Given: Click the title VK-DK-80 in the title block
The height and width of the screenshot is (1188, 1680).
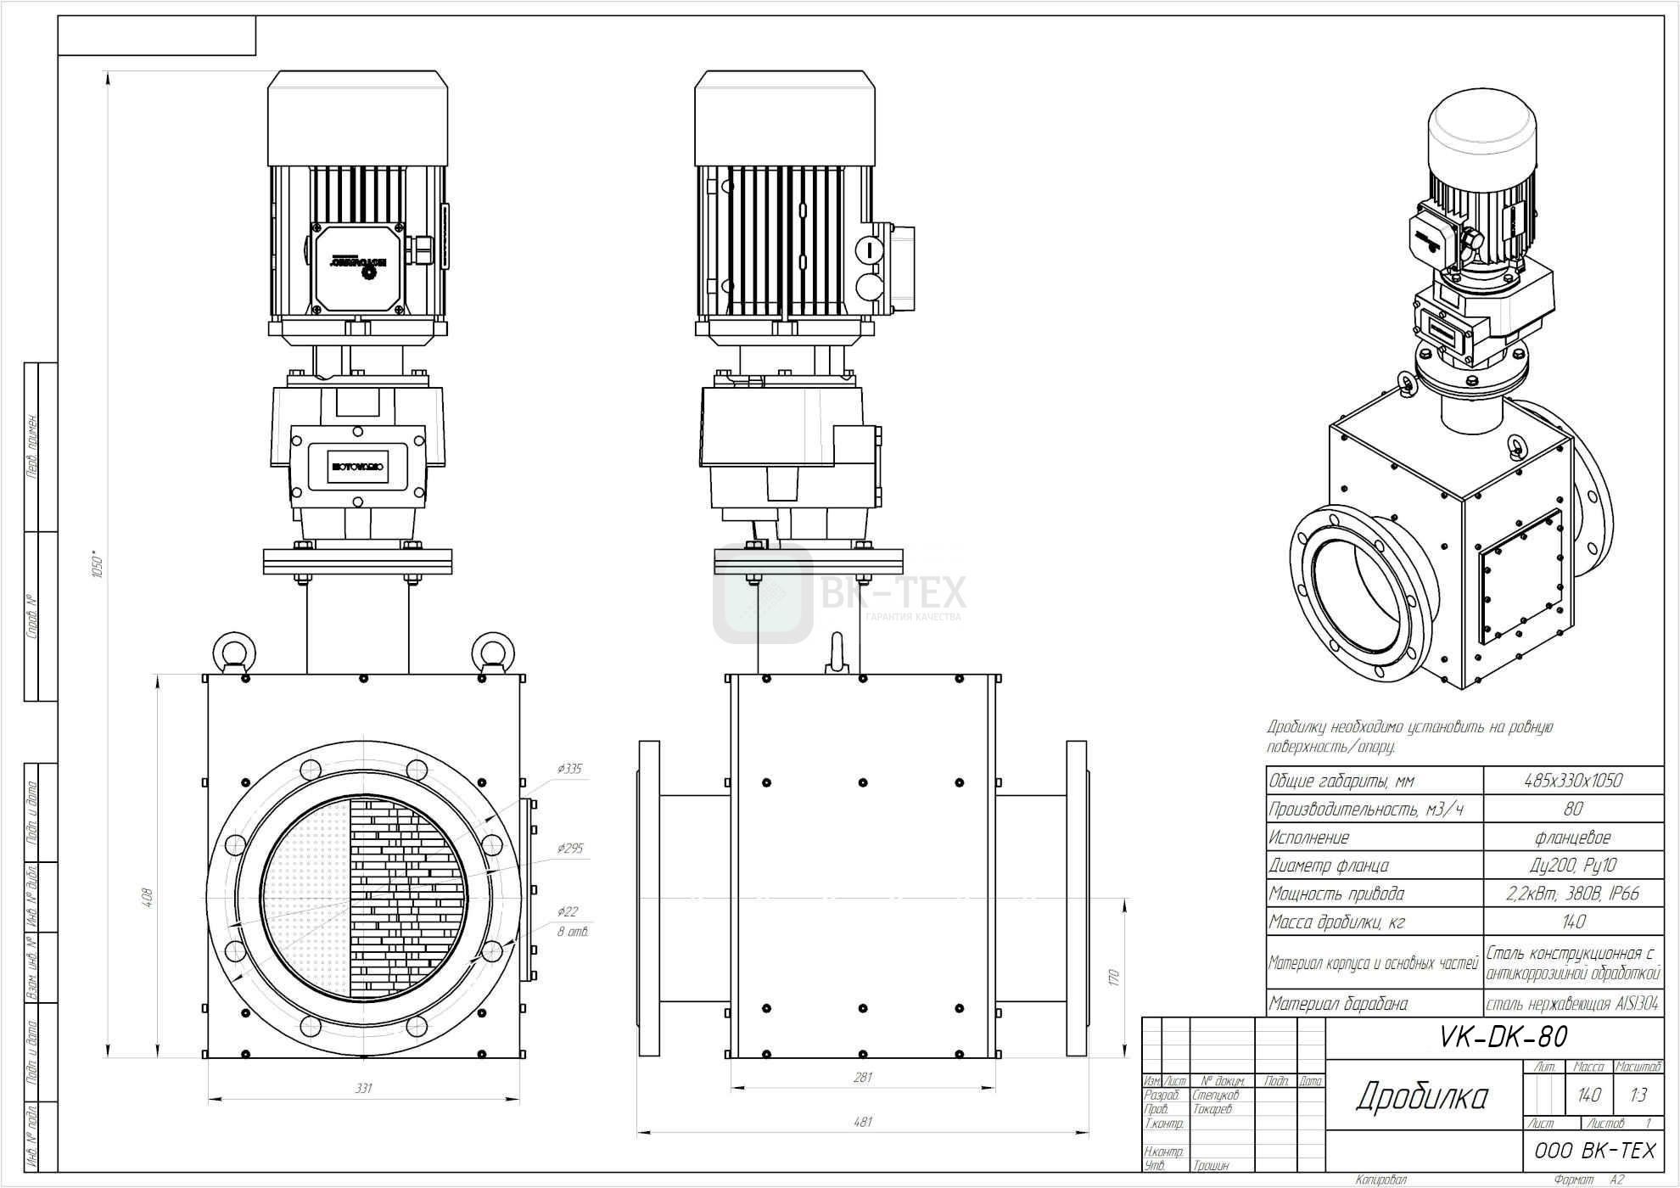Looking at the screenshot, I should (1504, 1037).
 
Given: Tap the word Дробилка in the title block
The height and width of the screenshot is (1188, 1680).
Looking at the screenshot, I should (1421, 1097).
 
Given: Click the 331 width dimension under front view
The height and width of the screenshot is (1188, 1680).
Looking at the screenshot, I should (363, 1088).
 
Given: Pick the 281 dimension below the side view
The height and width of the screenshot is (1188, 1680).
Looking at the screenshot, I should (862, 1077).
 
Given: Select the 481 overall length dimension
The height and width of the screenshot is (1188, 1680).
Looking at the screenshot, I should (862, 1122).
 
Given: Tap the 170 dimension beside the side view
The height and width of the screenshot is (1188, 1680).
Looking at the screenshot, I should (1114, 978).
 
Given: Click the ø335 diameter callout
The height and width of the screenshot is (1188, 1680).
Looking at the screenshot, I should (569, 769).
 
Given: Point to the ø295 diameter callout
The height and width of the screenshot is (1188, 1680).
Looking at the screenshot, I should (569, 848).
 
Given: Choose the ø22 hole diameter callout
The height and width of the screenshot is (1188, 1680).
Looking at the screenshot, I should (568, 911).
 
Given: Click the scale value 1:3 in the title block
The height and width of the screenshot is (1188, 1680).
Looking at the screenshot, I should (1638, 1096).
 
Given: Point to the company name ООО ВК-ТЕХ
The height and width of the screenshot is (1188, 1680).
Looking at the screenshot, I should (1594, 1151).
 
